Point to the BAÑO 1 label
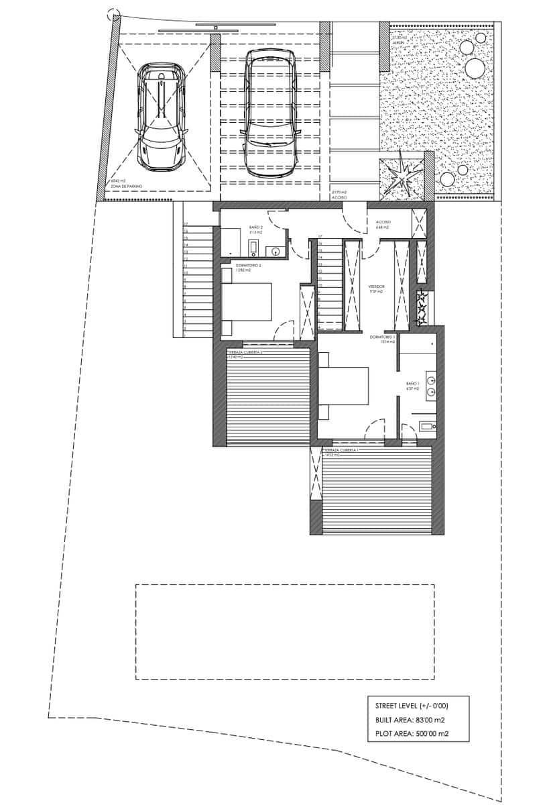coord(412,384)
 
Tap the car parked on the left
coord(162,117)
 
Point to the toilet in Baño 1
coord(427,425)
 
